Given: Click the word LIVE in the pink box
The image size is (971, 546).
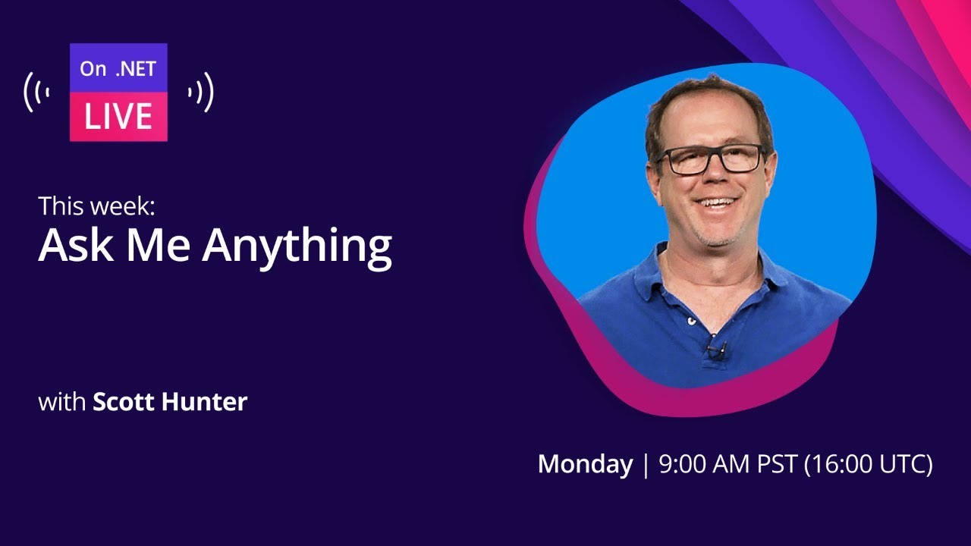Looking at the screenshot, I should tap(118, 117).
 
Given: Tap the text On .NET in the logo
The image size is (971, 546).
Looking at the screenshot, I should tap(118, 69).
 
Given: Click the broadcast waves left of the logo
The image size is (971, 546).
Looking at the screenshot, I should tap(36, 92).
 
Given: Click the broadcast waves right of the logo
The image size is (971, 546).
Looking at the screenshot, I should tap(202, 92).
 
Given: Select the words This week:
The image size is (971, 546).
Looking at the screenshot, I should tap(96, 206).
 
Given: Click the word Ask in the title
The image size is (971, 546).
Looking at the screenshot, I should tap(72, 245).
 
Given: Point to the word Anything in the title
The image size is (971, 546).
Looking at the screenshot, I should tap(297, 247).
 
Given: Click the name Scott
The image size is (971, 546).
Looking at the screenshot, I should tap(124, 402).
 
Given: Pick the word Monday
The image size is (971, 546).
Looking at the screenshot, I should tap(585, 464).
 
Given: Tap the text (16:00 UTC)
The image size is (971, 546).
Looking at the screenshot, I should tap(868, 464).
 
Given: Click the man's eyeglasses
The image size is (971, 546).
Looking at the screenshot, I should tap(712, 158).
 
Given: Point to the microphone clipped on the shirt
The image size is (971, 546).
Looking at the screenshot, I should tap(714, 350).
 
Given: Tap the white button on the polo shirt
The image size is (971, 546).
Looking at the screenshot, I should tap(691, 321).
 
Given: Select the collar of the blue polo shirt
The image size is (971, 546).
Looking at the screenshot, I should tap(766, 273).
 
